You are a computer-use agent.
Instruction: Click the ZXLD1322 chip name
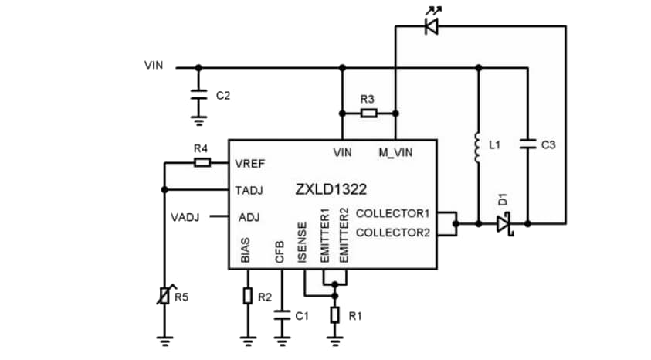[330, 188]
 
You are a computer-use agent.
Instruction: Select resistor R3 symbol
[368, 114]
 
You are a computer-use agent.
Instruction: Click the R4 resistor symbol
[202, 162]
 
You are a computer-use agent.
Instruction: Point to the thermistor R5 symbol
[164, 296]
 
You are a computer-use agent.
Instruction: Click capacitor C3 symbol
[527, 144]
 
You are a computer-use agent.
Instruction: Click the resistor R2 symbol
[247, 296]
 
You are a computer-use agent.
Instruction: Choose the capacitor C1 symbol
[281, 315]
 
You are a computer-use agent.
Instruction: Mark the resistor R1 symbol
[334, 315]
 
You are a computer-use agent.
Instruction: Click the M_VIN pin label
[395, 153]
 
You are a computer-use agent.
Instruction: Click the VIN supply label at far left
[154, 65]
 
